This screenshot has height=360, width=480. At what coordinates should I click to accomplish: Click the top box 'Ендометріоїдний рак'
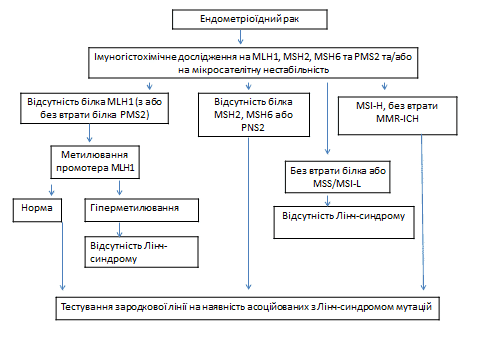pos(250,19)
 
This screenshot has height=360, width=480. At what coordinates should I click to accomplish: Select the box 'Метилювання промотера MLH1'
pos(95,162)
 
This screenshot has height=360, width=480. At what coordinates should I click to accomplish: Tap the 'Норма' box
pos(37,210)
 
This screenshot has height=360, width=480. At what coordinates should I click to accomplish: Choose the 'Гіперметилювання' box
pos(142,210)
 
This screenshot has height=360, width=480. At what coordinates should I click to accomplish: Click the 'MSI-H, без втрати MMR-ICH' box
pos(398,116)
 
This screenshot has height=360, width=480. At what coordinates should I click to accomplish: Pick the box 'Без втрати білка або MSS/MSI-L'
pos(338,177)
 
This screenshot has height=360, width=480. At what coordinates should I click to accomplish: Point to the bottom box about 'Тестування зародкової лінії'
pos(247,308)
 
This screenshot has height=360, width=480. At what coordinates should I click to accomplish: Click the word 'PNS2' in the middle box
pos(253,128)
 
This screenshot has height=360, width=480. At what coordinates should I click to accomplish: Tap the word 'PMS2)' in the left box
pos(135,115)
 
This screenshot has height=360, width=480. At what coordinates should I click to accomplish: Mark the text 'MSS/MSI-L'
pos(337,184)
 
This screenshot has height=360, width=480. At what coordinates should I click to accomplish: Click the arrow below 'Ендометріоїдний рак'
pos(240,37)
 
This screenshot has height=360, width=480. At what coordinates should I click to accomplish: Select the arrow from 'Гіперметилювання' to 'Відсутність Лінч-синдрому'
pos(119,229)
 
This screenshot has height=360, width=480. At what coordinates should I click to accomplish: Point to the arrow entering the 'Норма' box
pos(51,189)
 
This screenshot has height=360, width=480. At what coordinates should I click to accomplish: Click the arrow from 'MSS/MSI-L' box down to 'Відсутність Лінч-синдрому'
pos(327,200)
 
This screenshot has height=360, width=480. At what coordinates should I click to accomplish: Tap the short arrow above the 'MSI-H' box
pos(384,86)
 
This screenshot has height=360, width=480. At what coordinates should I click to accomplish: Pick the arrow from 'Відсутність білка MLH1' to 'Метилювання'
pos(89,133)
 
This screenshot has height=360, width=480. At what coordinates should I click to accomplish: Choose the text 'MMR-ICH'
pos(397,119)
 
